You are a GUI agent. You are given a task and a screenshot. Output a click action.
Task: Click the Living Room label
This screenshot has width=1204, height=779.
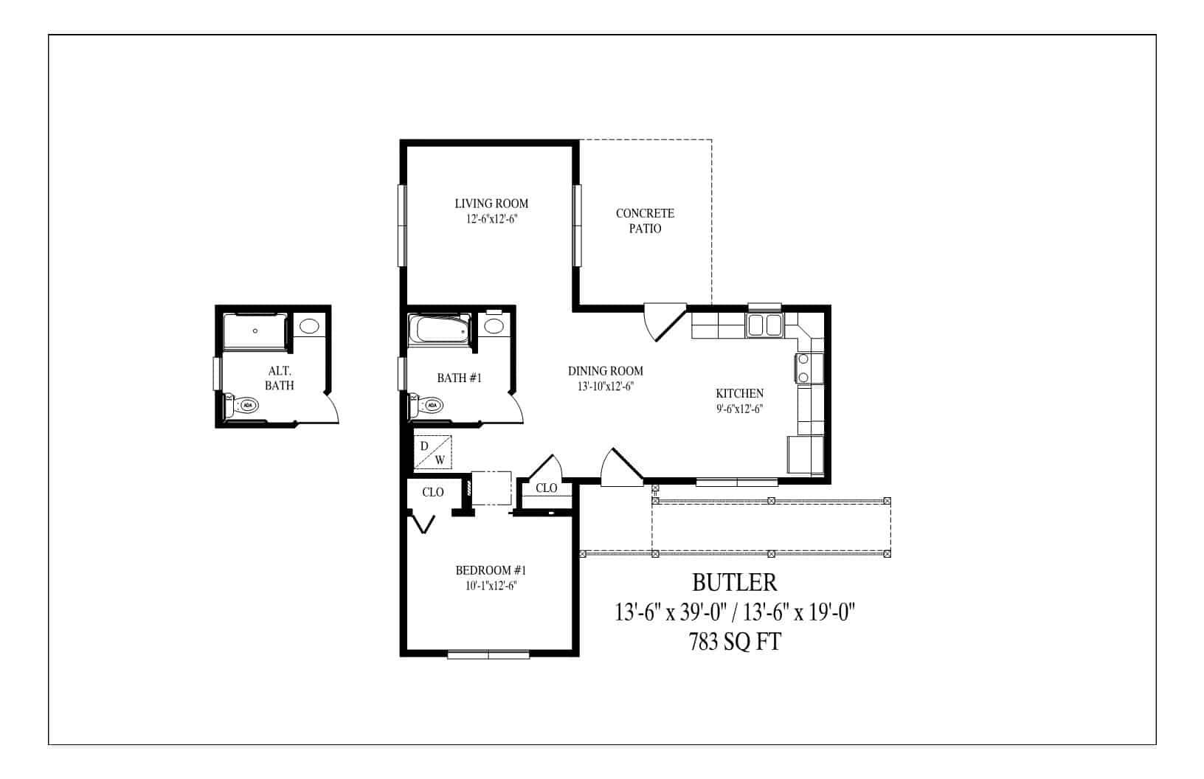[x=491, y=204]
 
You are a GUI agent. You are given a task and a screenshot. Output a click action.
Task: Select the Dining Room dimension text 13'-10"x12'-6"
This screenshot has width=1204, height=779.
[x=606, y=386]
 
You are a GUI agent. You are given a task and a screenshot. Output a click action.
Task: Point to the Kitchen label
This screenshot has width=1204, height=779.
[x=739, y=394]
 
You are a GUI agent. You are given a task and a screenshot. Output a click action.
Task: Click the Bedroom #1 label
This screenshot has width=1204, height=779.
[x=491, y=570]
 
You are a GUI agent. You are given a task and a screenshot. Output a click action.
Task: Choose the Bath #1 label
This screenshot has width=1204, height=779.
[x=459, y=378]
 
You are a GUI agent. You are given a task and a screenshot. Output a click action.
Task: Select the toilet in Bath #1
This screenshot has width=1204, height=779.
[x=426, y=405]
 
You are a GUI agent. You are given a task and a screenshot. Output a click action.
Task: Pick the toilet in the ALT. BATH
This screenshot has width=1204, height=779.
[x=241, y=405]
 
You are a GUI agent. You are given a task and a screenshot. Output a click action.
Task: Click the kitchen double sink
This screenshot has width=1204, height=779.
[x=764, y=325]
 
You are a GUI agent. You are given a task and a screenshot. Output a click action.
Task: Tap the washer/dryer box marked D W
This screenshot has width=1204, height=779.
[x=432, y=453]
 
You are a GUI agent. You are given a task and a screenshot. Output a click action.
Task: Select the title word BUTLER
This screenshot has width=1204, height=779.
[x=734, y=583]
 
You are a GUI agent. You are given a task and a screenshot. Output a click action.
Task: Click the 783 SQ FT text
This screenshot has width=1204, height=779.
[x=734, y=643]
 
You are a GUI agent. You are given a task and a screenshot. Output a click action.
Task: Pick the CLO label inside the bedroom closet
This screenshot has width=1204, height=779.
[x=433, y=492]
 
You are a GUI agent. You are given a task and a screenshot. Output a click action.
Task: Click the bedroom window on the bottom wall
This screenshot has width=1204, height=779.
[x=488, y=654]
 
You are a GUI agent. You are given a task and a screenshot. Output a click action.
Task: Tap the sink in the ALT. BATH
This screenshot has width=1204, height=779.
[x=309, y=326]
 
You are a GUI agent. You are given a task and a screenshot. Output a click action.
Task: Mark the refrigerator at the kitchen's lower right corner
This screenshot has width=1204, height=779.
[x=805, y=454]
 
